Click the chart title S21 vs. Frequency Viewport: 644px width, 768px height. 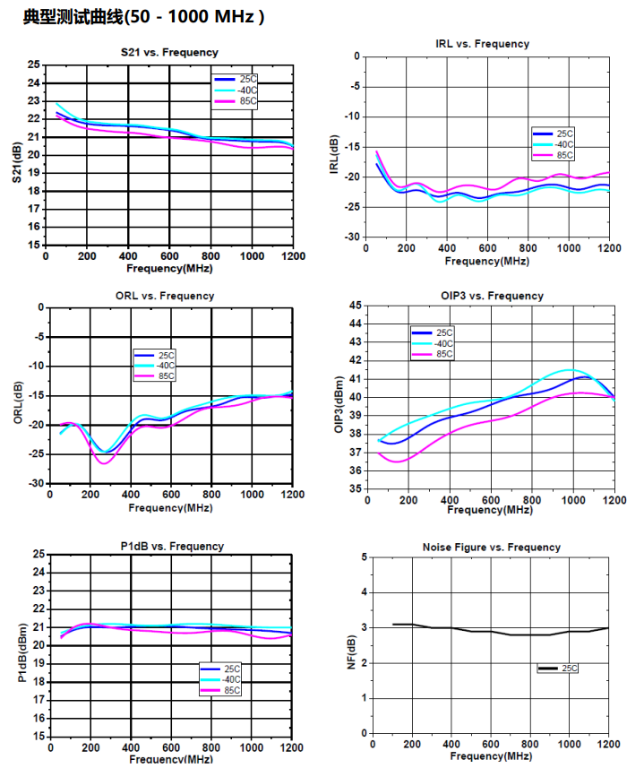click(169, 52)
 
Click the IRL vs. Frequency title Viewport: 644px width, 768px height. click(481, 43)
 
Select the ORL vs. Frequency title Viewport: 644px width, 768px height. click(165, 296)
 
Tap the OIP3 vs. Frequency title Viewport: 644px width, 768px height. click(493, 296)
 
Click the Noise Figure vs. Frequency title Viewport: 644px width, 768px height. click(491, 547)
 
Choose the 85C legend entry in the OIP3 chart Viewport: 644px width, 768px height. click(444, 354)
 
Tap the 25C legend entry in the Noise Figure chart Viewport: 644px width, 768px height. click(570, 669)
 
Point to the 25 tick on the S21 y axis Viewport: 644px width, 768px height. click(34, 65)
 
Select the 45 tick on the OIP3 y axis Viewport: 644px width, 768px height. click(356, 306)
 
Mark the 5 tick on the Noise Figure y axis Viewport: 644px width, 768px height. click(363, 557)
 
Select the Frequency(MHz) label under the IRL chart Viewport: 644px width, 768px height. click(485, 261)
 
